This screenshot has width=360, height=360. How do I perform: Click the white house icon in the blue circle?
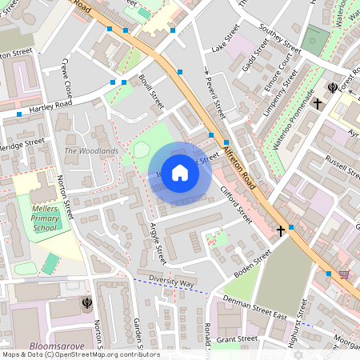point(180,171)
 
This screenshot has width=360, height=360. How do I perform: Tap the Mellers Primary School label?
point(44,217)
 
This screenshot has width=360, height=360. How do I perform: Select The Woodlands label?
point(91,151)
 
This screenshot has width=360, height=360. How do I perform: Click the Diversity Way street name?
point(171,283)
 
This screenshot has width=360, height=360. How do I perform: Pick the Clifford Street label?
point(237,203)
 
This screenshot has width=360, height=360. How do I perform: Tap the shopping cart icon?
point(344,274)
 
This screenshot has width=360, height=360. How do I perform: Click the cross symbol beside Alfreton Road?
point(281,231)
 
